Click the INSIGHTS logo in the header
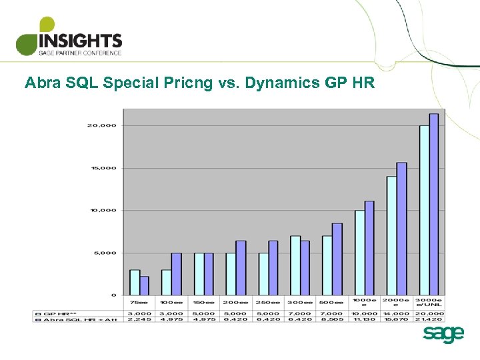click(69, 37)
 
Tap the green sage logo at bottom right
click(443, 335)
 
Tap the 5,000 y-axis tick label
click(104, 253)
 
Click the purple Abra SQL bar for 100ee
click(177, 273)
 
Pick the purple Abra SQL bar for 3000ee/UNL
click(434, 204)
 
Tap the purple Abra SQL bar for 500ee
click(337, 259)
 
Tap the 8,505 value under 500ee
click(332, 319)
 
